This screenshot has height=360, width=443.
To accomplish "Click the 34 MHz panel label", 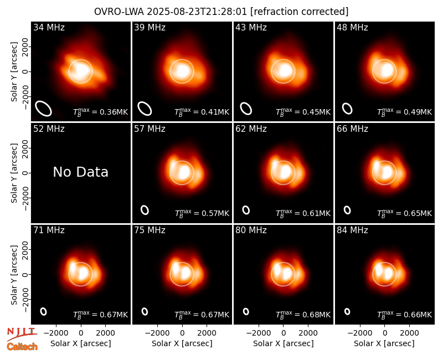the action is tap(49, 27).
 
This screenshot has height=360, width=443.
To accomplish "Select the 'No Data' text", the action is tap(80, 172).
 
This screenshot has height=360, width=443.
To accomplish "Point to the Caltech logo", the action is tap(22, 347).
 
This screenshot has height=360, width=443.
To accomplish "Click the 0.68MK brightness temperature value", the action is tap(316, 315).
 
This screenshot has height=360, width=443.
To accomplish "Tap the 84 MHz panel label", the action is tap(352, 230).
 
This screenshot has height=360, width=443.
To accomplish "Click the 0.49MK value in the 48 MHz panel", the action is tap(418, 112).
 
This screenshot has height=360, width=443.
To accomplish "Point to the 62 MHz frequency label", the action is tap(251, 129).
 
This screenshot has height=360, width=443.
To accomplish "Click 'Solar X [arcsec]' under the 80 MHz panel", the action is tap(284, 343).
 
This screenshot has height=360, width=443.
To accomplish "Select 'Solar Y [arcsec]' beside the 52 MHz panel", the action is tap(14, 173).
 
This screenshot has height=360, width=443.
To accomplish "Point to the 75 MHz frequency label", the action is tap(150, 230).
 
